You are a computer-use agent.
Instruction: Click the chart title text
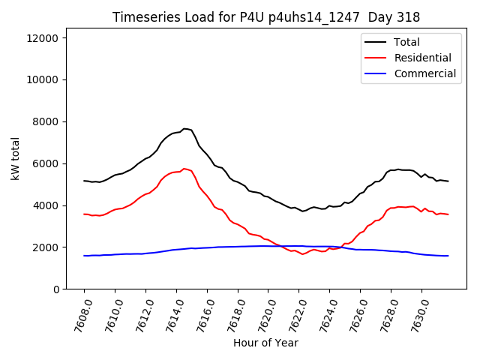(266, 17)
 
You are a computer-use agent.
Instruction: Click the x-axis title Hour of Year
(265, 343)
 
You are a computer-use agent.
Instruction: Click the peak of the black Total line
(184, 129)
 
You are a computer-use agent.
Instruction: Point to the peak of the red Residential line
(184, 169)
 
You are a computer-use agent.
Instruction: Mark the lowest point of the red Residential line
(303, 254)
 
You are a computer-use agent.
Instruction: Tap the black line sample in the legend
(375, 42)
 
